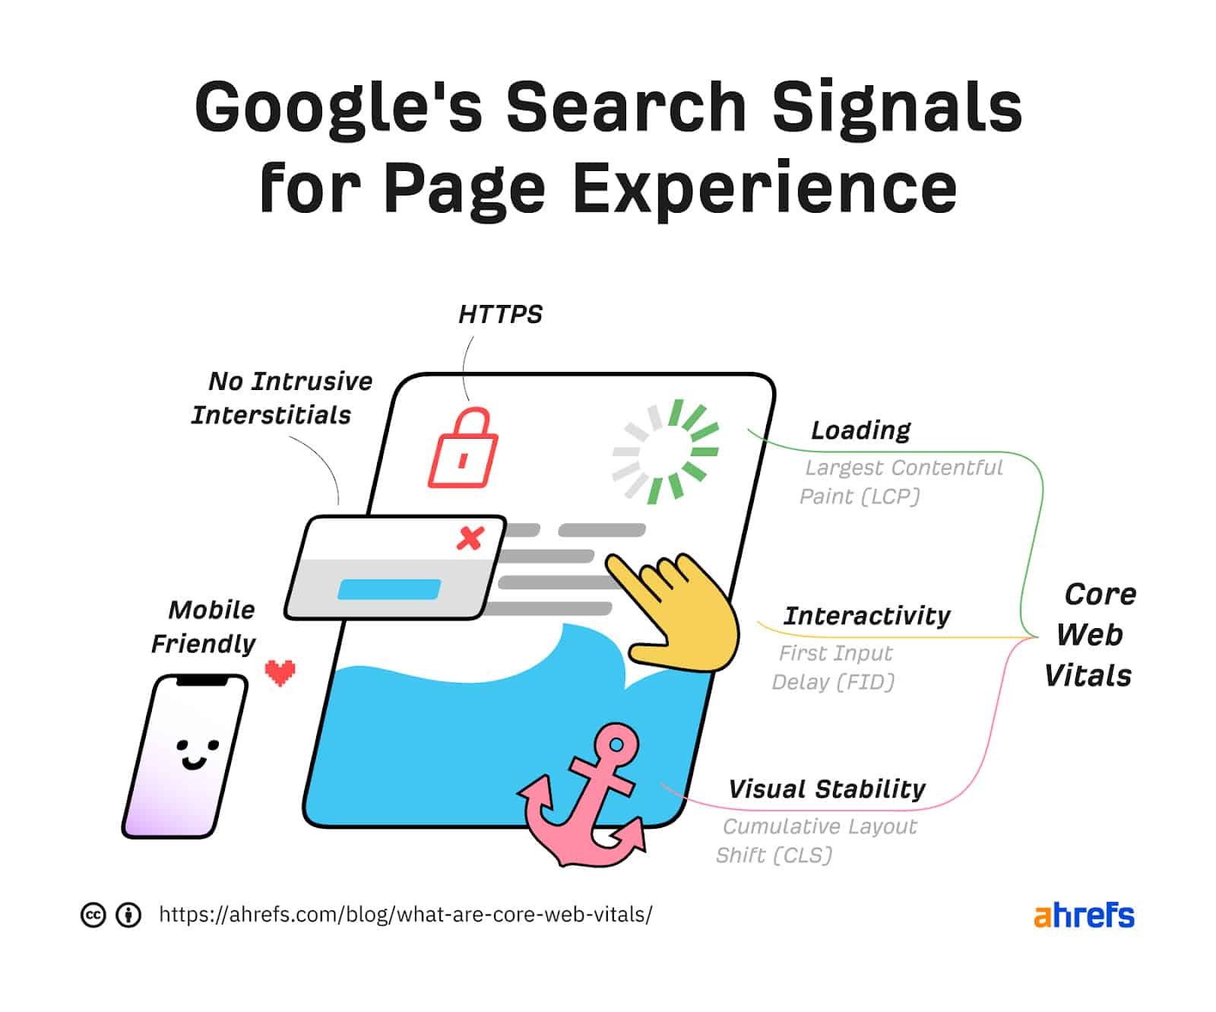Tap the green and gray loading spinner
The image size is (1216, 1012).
[x=666, y=452]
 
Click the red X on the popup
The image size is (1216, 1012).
[x=470, y=538]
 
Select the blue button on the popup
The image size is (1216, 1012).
[x=389, y=589]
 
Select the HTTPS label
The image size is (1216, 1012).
[x=500, y=314]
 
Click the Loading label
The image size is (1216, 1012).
[x=860, y=430]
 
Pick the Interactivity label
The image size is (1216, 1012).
[x=867, y=615]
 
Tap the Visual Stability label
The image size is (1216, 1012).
[x=827, y=789]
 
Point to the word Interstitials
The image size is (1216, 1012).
[x=271, y=415]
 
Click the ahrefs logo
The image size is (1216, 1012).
[x=1084, y=915]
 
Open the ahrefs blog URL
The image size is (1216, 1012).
[x=405, y=914]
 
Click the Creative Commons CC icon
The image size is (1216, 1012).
[x=93, y=915]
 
